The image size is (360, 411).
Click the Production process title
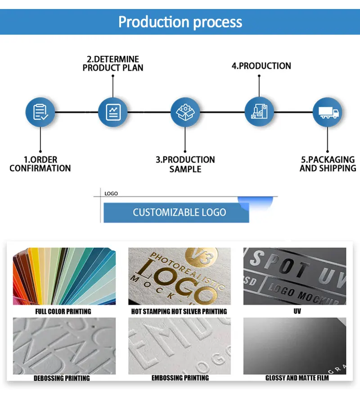pyautogui.click(x=180, y=22)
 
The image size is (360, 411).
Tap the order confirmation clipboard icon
pyautogui.click(x=40, y=112)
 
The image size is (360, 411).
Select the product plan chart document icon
pyautogui.click(x=113, y=112)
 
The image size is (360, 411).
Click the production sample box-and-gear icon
pyautogui.click(x=185, y=112)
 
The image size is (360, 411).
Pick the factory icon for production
pyautogui.click(x=259, y=112)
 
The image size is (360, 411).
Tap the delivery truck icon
pyautogui.click(x=328, y=112)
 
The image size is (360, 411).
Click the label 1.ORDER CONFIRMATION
pyautogui.click(x=40, y=164)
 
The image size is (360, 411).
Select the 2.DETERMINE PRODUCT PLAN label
pyautogui.click(x=113, y=63)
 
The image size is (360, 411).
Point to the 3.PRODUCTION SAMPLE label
pyautogui.click(x=185, y=164)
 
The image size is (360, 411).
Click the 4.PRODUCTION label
pyautogui.click(x=261, y=66)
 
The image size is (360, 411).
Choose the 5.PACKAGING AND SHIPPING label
pyautogui.click(x=328, y=164)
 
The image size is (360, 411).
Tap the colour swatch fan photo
pyautogui.click(x=63, y=276)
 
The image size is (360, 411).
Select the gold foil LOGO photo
pyautogui.click(x=180, y=276)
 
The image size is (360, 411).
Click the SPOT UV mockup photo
pyautogui.click(x=295, y=276)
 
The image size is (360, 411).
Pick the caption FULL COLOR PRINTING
pyautogui.click(x=63, y=311)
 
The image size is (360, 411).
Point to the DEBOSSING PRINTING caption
pyautogui.click(x=62, y=378)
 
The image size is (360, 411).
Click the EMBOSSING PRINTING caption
pyautogui.click(x=180, y=378)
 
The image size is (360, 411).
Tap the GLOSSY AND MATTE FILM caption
pyautogui.click(x=297, y=378)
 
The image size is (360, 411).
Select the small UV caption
pyautogui.click(x=297, y=311)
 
